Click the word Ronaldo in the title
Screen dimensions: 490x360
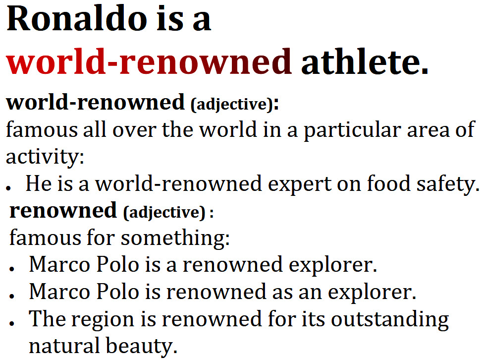[77, 18]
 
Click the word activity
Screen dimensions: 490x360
[45, 157]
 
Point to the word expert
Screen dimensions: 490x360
[300, 184]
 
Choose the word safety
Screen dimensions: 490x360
[448, 184]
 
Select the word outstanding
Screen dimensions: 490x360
[390, 320]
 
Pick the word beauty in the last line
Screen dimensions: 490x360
[141, 346]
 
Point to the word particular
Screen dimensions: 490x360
[352, 130]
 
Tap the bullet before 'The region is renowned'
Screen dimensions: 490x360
[12, 323]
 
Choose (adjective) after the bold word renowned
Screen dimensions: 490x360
[164, 212]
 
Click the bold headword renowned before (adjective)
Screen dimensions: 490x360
[63, 210]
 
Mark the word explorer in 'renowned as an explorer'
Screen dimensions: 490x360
[372, 293]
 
